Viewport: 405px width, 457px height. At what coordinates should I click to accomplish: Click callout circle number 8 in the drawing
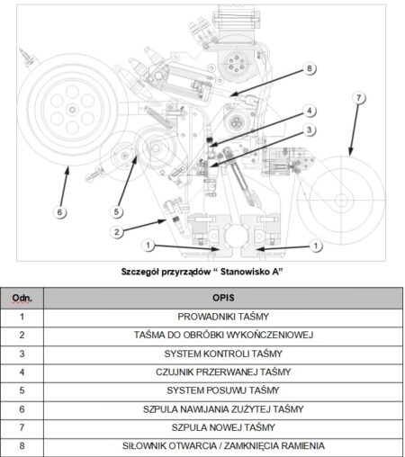[310, 68]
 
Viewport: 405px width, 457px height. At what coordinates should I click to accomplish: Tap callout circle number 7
[359, 98]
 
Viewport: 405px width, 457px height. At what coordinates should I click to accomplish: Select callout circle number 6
[59, 212]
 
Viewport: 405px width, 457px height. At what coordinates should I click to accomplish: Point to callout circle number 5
[116, 211]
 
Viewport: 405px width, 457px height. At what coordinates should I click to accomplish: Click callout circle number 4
[310, 111]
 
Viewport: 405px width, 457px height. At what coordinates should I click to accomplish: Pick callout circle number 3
[310, 130]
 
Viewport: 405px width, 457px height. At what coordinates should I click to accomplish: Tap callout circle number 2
[117, 232]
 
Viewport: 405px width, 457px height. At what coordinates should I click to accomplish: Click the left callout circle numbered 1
[148, 246]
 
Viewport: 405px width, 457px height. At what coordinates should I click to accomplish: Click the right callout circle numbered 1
[316, 246]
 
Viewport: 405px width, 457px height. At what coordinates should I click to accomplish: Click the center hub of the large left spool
[72, 110]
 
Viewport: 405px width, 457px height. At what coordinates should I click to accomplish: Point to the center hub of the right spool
[341, 200]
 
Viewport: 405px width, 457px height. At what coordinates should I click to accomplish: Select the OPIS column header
[223, 298]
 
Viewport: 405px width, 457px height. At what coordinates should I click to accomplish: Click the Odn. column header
[22, 298]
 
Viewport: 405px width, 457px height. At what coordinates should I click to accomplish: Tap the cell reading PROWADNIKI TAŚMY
[223, 317]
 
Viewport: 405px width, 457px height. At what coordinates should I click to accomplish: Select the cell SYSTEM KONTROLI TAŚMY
[223, 354]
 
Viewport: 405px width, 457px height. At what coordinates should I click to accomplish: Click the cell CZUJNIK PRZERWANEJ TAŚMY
[223, 372]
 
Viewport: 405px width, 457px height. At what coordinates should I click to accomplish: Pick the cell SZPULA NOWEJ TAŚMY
[223, 427]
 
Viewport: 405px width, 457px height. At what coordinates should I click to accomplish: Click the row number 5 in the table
[22, 390]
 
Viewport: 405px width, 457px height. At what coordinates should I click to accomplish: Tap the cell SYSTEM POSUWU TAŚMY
[223, 390]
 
